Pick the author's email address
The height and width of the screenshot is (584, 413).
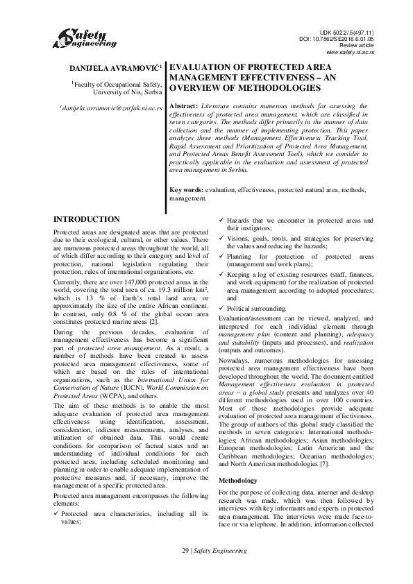pos(111,109)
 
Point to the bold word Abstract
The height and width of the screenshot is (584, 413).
pos(185,105)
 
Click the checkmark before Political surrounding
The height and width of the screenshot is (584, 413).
pos(222,307)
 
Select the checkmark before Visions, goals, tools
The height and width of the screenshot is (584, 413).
pos(222,237)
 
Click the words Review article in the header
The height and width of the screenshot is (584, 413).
pos(357,46)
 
